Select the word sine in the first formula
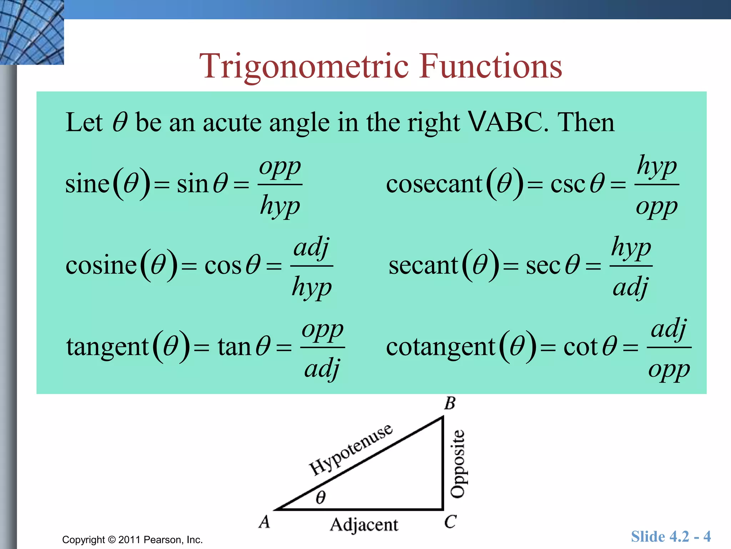pos(87,184)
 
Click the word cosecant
pos(434,184)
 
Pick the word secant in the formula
pos(423,266)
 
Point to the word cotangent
pos(440,347)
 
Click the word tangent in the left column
pos(107,347)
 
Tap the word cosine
pos(101,266)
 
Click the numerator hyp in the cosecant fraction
pos(657,167)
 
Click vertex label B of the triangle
pos(450,403)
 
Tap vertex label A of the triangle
pos(264,521)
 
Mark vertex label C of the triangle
pos(450,521)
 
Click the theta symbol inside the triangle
pos(321,497)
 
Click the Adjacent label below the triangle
pos(364,525)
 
